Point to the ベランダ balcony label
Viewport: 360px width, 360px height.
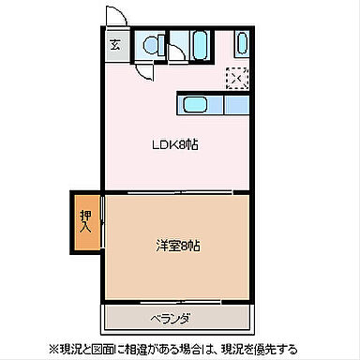click(x=172, y=318)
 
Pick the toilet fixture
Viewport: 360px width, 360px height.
click(x=150, y=44)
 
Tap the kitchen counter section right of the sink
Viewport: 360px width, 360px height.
click(x=232, y=105)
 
